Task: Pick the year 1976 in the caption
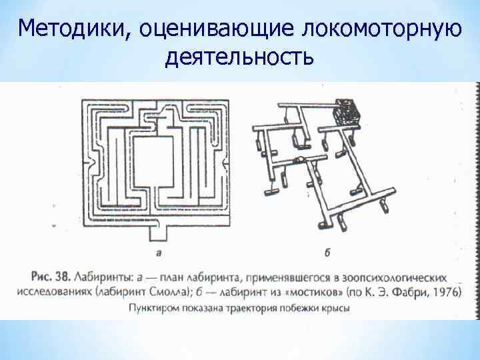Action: click(447, 292)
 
